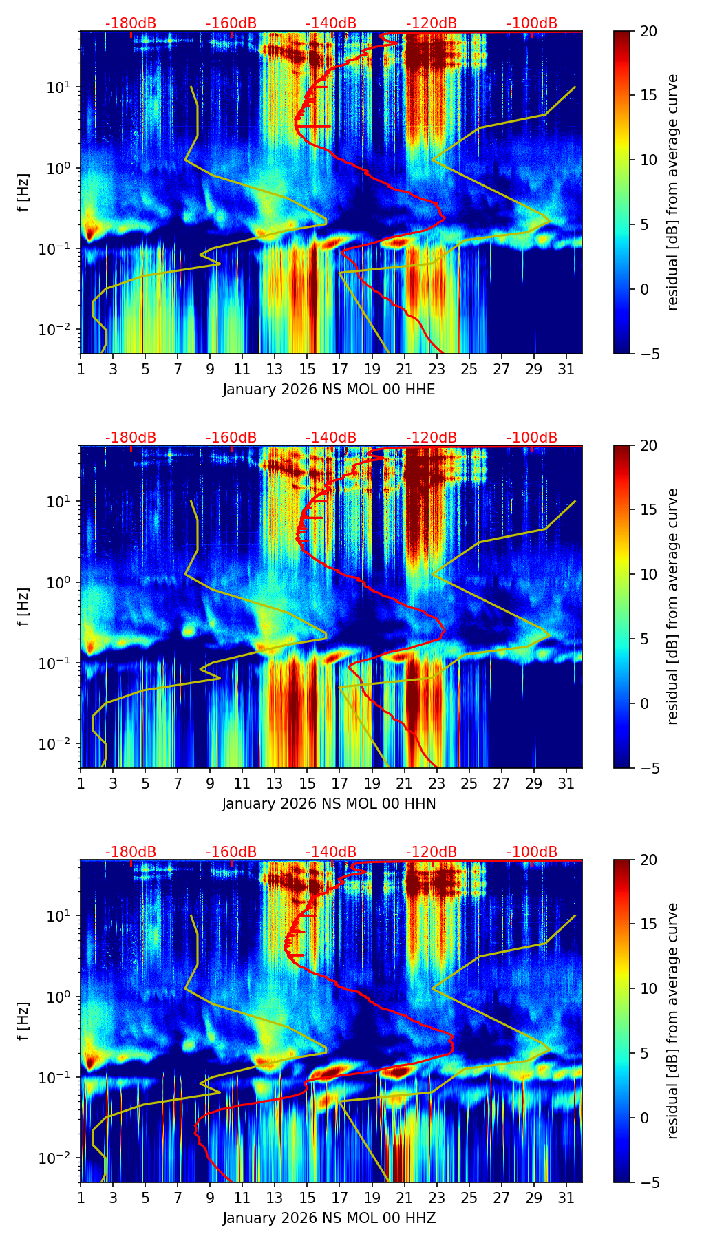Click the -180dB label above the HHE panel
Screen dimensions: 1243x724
click(131, 23)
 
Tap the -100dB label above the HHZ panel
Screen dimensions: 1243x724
click(532, 852)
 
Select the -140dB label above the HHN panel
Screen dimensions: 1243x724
click(331, 438)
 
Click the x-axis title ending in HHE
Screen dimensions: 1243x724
click(329, 390)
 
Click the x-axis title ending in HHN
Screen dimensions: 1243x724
click(329, 804)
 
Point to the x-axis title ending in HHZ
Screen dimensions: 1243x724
click(329, 1218)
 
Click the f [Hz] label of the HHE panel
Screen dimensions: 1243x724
click(23, 193)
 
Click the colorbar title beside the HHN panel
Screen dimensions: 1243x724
click(673, 606)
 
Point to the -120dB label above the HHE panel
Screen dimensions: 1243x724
click(432, 23)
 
